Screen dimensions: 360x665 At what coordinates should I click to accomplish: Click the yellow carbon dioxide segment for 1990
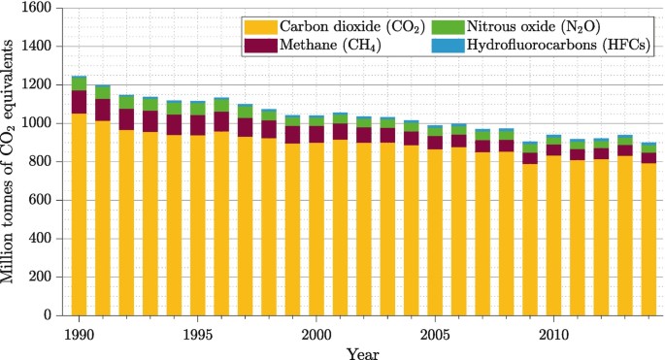click(79, 214)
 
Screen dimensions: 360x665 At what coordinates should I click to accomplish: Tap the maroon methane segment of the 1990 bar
click(79, 102)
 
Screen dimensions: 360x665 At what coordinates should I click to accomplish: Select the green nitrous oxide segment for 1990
click(79, 83)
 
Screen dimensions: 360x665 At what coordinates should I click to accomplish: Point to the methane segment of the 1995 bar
click(197, 125)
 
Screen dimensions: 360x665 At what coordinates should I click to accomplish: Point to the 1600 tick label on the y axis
click(37, 8)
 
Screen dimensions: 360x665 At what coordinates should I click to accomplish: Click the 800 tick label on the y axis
click(41, 162)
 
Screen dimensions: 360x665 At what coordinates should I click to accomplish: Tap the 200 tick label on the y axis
click(41, 278)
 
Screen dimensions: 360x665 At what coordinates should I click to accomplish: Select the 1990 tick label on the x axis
click(79, 334)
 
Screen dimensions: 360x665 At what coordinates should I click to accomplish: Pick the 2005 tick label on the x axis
click(433, 334)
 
